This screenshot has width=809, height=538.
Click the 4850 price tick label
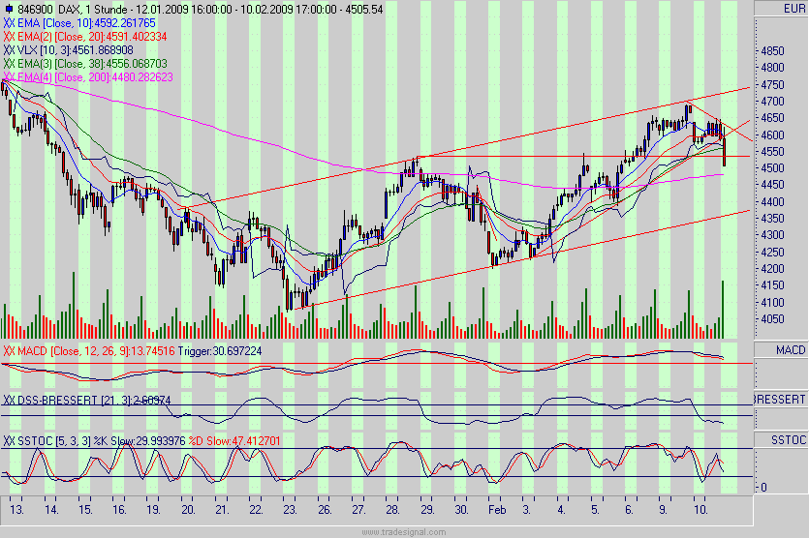tap(773, 50)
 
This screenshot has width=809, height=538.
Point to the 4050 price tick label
tap(773, 318)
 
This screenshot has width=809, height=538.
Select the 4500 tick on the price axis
tap(773, 167)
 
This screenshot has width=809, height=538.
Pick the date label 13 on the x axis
tap(16, 508)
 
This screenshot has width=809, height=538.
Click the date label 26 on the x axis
tap(324, 508)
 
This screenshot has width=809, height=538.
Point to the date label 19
tap(153, 508)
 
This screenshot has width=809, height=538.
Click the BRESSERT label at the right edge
tap(780, 399)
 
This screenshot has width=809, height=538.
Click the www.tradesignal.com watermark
tap(403, 531)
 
